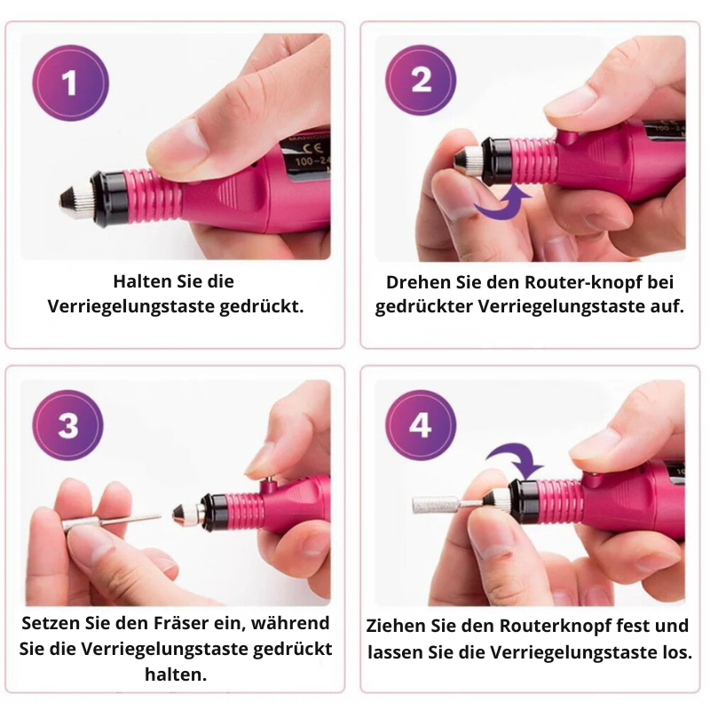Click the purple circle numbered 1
tap(70, 84)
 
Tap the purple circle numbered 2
tap(422, 81)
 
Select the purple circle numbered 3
tap(68, 426)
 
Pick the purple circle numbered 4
tap(421, 426)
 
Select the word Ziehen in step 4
tap(396, 626)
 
